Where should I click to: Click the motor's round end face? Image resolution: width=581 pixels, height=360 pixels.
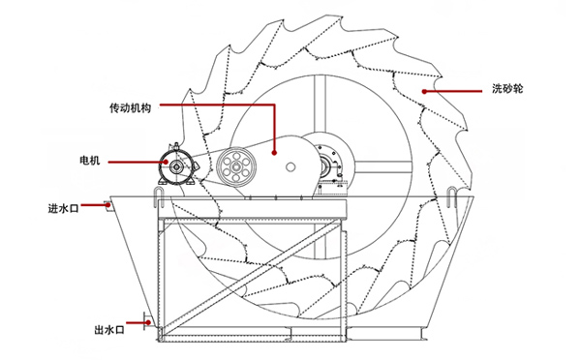(x=178, y=165)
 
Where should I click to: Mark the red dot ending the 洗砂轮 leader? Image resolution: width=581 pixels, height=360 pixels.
(x=423, y=90)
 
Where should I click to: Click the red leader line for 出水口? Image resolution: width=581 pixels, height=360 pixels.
(x=139, y=330)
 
